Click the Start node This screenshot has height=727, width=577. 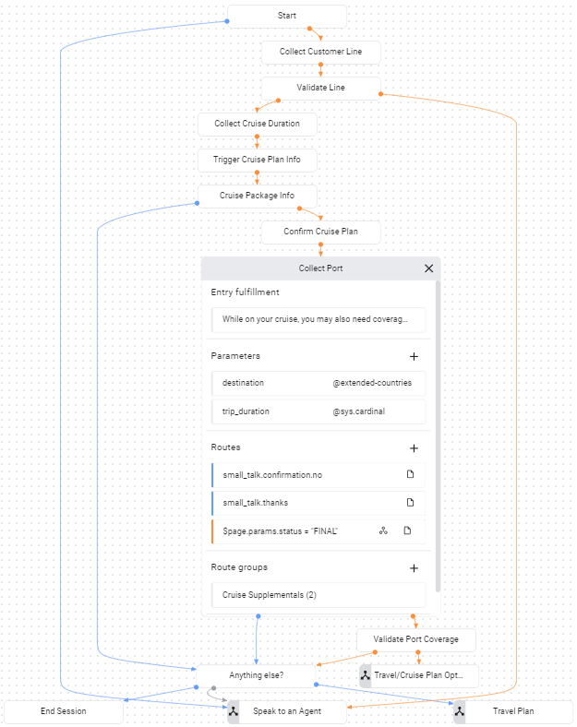pyautogui.click(x=286, y=17)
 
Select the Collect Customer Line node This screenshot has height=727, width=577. pyautogui.click(x=320, y=52)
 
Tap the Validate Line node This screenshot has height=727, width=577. pyautogui.click(x=320, y=88)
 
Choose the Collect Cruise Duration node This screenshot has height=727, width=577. pyautogui.click(x=257, y=124)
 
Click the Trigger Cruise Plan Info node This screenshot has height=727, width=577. pyautogui.click(x=257, y=160)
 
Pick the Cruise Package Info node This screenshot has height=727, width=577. pyautogui.click(x=257, y=196)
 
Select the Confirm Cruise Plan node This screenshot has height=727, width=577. pyautogui.click(x=320, y=232)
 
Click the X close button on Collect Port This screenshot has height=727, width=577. pyautogui.click(x=428, y=268)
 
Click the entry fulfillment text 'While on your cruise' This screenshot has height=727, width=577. pyautogui.click(x=317, y=320)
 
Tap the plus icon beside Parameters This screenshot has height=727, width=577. pyautogui.click(x=414, y=356)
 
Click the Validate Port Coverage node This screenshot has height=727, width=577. pyautogui.click(x=416, y=638)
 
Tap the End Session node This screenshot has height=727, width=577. pyautogui.click(x=64, y=711)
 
